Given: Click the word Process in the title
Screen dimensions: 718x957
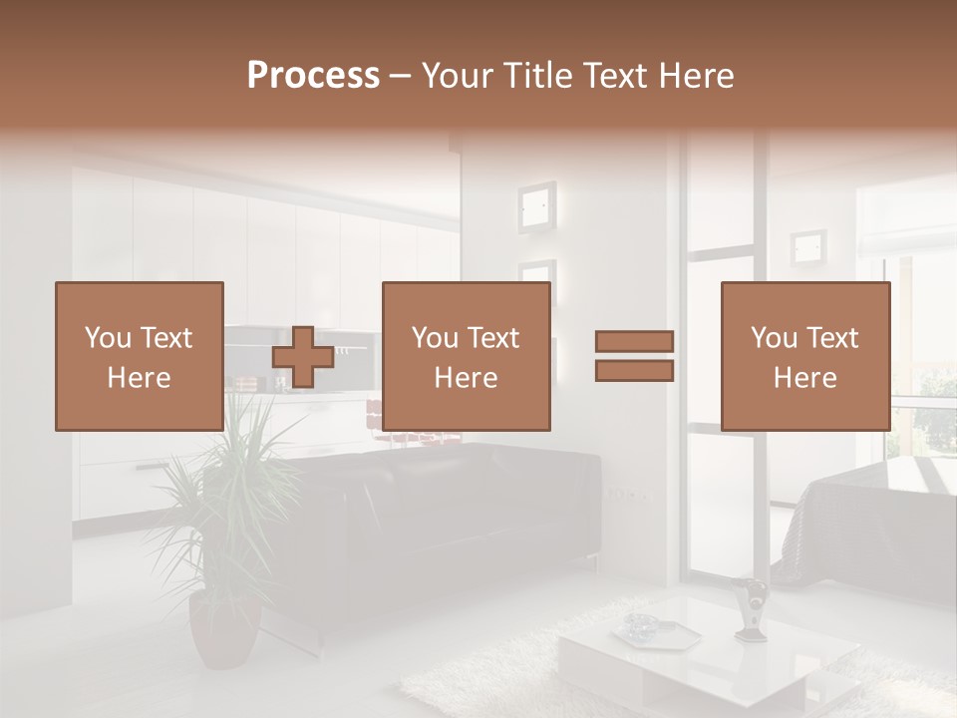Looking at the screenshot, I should [313, 76].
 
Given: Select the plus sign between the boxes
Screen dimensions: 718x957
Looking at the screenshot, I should [302, 357].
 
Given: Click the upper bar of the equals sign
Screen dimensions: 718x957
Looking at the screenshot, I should [634, 342].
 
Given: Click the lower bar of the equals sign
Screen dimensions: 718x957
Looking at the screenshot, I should [634, 371].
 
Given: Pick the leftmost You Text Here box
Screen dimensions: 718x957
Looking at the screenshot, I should [139, 356].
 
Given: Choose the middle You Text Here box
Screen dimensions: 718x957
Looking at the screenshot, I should [466, 356].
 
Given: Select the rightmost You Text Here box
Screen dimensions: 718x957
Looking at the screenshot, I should [804, 356].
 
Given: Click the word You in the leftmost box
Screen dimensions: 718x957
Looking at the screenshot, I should [108, 338].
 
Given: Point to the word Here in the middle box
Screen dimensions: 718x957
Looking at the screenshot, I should [466, 378].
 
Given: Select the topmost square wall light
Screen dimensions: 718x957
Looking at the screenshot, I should [536, 206].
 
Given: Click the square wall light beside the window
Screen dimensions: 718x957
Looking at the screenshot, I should [808, 247].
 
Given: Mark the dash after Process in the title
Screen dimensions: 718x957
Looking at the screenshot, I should [401, 76].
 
